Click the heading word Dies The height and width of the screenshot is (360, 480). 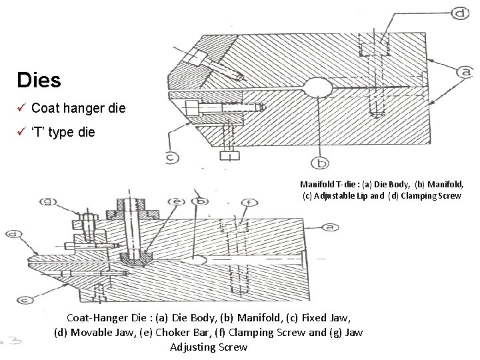click(x=39, y=81)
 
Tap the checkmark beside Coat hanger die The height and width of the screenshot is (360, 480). click(x=21, y=107)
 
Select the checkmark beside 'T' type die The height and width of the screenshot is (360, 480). click(x=21, y=133)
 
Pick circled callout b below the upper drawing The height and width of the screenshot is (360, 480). click(x=321, y=162)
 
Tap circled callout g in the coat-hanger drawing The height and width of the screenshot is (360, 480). click(x=49, y=200)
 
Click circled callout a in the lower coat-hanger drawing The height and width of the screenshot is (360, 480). click(x=326, y=227)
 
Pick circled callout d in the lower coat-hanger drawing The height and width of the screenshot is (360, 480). click(x=13, y=234)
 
